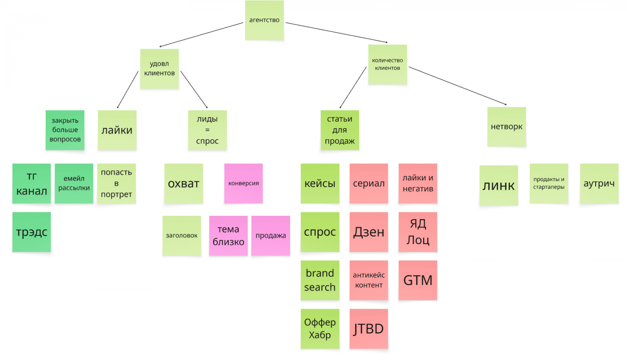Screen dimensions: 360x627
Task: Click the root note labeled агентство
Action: pyautogui.click(x=264, y=20)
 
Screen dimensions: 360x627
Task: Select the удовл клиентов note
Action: pyautogui.click(x=160, y=69)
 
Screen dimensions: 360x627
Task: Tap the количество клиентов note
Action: pyautogui.click(x=387, y=64)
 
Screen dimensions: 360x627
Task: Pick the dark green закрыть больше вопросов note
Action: pyautogui.click(x=65, y=130)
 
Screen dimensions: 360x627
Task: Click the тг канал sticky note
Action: pyautogui.click(x=32, y=183)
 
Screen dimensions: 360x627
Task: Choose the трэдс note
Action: pyautogui.click(x=32, y=232)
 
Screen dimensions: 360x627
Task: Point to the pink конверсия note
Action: pyautogui.click(x=244, y=183)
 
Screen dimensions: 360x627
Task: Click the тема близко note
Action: pyautogui.click(x=228, y=235)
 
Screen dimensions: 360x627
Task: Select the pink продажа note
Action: pyautogui.click(x=270, y=235)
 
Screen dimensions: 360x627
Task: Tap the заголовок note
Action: pyautogui.click(x=182, y=235)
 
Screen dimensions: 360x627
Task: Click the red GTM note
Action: pyautogui.click(x=418, y=280)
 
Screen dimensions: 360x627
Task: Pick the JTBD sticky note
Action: pyautogui.click(x=369, y=329)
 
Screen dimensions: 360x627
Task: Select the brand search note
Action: pyautogui.click(x=320, y=280)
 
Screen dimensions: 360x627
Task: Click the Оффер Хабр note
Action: pyautogui.click(x=320, y=329)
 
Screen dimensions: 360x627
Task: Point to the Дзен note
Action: pyautogui.click(x=369, y=232)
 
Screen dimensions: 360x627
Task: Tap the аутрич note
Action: pyautogui.click(x=599, y=183)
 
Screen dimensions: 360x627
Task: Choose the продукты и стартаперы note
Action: pyautogui.click(x=549, y=183)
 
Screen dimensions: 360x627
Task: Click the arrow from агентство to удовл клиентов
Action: pyautogui.click(x=201, y=35)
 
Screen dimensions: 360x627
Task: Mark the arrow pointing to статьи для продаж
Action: pyautogui.click(x=353, y=88)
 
